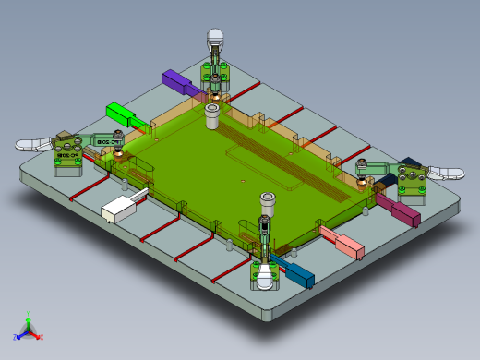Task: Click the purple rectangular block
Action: (177, 81)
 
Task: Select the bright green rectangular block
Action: (123, 114)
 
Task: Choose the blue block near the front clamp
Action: (296, 271)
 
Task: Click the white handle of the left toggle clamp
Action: (34, 145)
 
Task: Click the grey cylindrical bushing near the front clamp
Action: (268, 203)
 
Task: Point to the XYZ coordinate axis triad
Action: (28, 330)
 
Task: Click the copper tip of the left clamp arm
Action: (118, 153)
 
